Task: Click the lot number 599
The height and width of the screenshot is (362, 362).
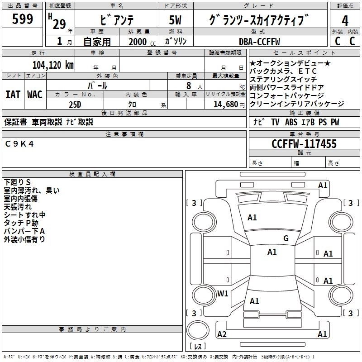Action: pyautogui.click(x=22, y=19)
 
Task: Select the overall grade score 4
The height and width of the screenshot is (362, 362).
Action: pyautogui.click(x=345, y=20)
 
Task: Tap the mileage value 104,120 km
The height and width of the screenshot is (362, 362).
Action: pyautogui.click(x=53, y=65)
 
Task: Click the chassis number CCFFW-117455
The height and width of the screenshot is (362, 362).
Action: pyautogui.click(x=304, y=144)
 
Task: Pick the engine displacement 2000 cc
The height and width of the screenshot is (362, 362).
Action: pyautogui.click(x=140, y=42)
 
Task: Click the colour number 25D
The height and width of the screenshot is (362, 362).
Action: pyautogui.click(x=75, y=104)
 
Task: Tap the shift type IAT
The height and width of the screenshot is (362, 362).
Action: pyautogui.click(x=13, y=95)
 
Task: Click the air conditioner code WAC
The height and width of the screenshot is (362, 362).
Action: pyautogui.click(x=35, y=95)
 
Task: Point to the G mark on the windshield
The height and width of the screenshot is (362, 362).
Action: pyautogui.click(x=286, y=238)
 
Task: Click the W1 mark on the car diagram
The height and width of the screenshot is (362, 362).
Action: pyautogui.click(x=223, y=293)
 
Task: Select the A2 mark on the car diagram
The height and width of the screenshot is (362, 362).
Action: pyautogui.click(x=222, y=334)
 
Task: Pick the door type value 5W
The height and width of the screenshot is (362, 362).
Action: pyautogui.click(x=176, y=20)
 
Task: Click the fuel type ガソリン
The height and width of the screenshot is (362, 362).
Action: pyautogui.click(x=176, y=42)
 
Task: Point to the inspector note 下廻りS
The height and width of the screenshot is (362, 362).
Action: pyautogui.click(x=17, y=182)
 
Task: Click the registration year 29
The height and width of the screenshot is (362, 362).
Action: pyautogui.click(x=59, y=24)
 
